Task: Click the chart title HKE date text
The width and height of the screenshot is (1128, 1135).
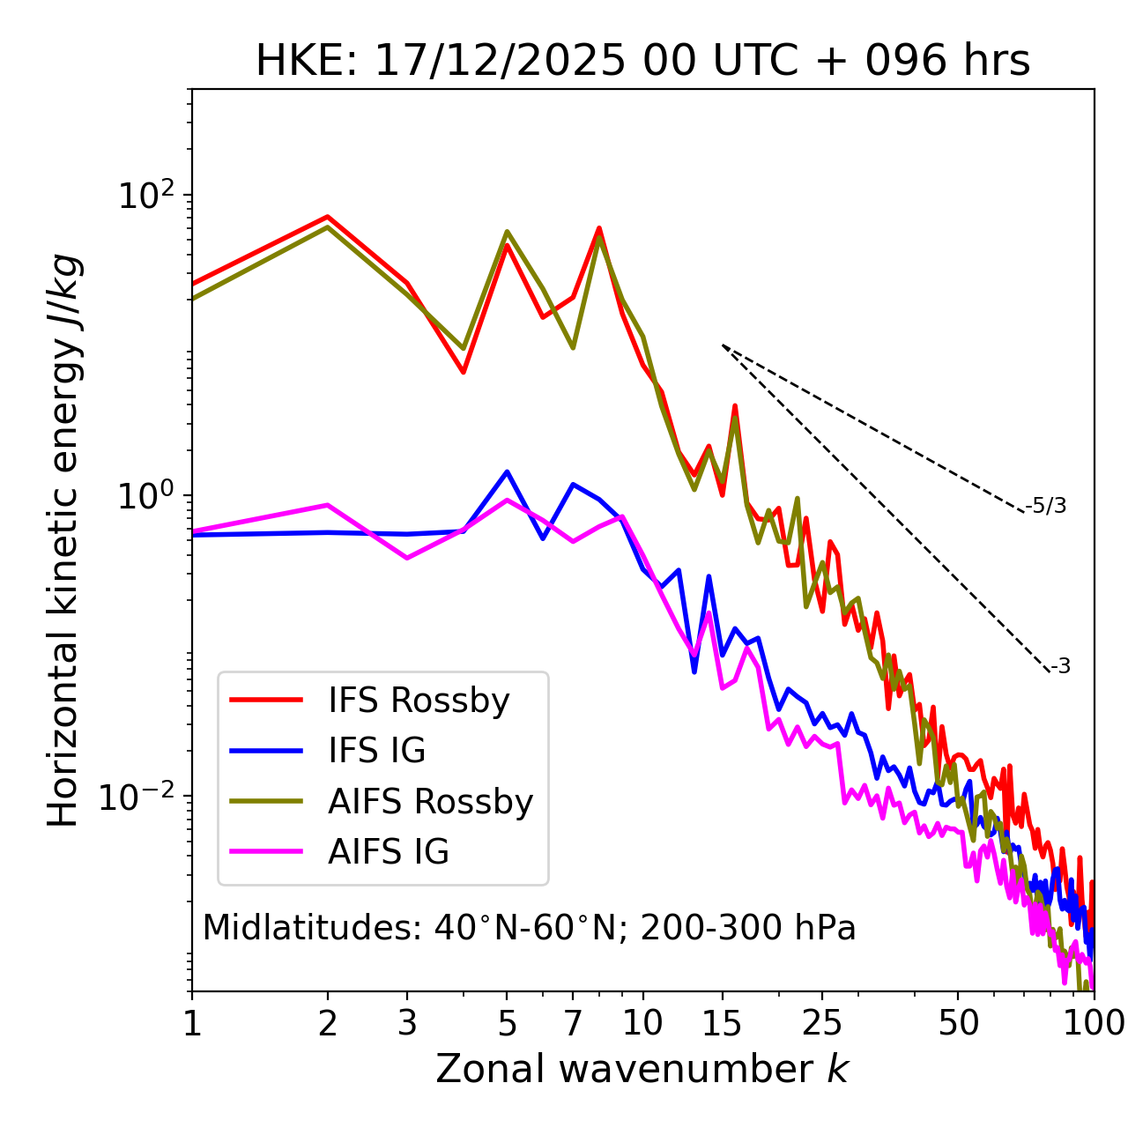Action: [642, 62]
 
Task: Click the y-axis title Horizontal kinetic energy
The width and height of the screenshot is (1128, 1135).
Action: [63, 541]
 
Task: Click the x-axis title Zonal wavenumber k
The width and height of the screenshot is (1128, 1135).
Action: [642, 1069]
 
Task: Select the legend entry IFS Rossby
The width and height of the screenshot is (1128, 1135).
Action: [419, 701]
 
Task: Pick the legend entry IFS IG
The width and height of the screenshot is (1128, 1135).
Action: [376, 751]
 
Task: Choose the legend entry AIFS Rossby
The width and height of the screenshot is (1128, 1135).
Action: [430, 802]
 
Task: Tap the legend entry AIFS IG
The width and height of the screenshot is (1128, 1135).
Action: [389, 852]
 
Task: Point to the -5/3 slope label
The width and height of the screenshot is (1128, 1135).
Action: [1046, 506]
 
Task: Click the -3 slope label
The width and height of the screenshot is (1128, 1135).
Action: [1060, 666]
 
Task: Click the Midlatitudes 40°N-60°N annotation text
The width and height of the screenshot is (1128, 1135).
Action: [529, 928]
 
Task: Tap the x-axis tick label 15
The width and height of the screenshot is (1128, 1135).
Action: [723, 1023]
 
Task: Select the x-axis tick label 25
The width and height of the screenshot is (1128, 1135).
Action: [822, 1023]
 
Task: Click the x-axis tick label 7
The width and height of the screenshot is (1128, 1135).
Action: [573, 1023]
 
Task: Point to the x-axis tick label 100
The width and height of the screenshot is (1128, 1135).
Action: [1094, 1023]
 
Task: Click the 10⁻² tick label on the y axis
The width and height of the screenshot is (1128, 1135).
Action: [141, 796]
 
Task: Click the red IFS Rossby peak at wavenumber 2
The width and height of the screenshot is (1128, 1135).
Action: [328, 217]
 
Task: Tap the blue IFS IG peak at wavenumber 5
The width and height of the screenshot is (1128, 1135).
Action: [507, 471]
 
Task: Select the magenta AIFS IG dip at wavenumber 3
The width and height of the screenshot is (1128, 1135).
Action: [407, 558]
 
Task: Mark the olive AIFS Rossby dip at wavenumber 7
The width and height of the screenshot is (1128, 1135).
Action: [573, 347]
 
